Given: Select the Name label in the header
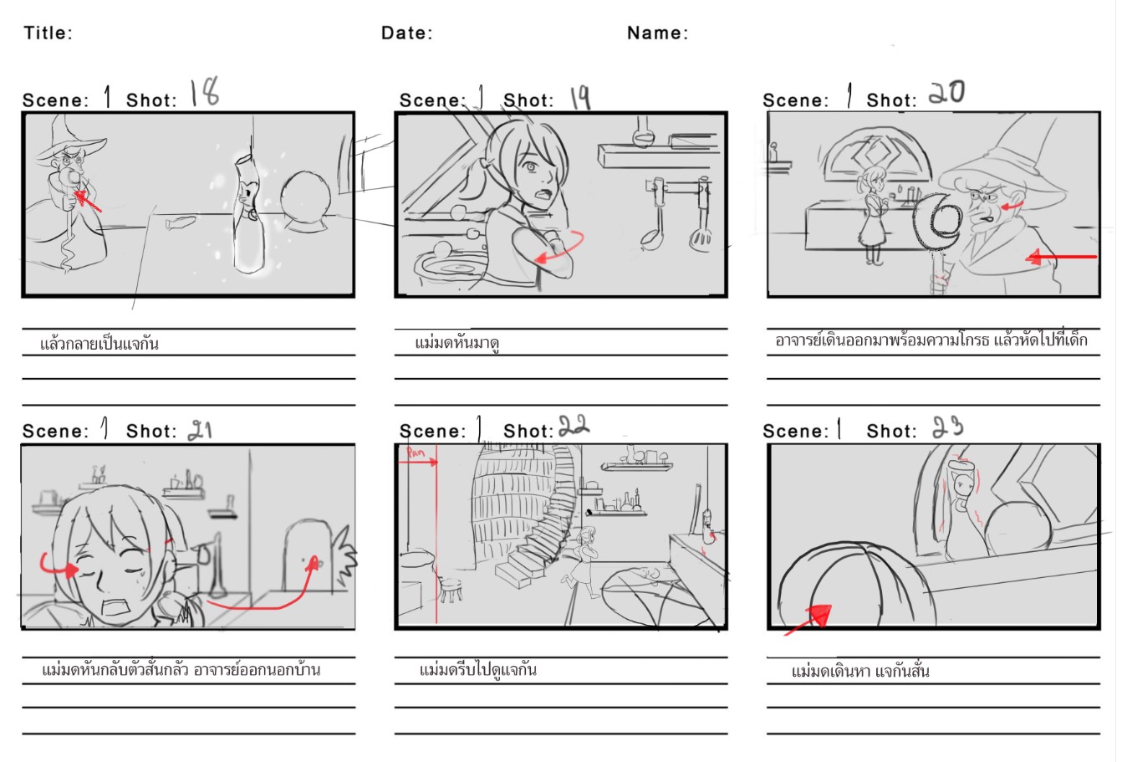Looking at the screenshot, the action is [x=657, y=33].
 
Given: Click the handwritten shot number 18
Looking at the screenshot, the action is [x=205, y=92].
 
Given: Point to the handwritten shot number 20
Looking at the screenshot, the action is [x=946, y=92].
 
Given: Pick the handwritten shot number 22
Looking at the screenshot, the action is [x=574, y=426].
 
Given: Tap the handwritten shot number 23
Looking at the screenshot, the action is [x=947, y=427].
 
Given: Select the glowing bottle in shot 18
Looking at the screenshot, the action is [x=249, y=213].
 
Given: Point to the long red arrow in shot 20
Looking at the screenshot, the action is [x=1061, y=258].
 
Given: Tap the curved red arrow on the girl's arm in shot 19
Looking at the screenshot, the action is [x=560, y=248].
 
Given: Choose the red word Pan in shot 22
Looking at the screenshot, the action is [x=416, y=453].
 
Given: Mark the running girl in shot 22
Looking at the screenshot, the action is [x=582, y=562].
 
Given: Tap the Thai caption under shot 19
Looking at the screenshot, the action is [x=456, y=343].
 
